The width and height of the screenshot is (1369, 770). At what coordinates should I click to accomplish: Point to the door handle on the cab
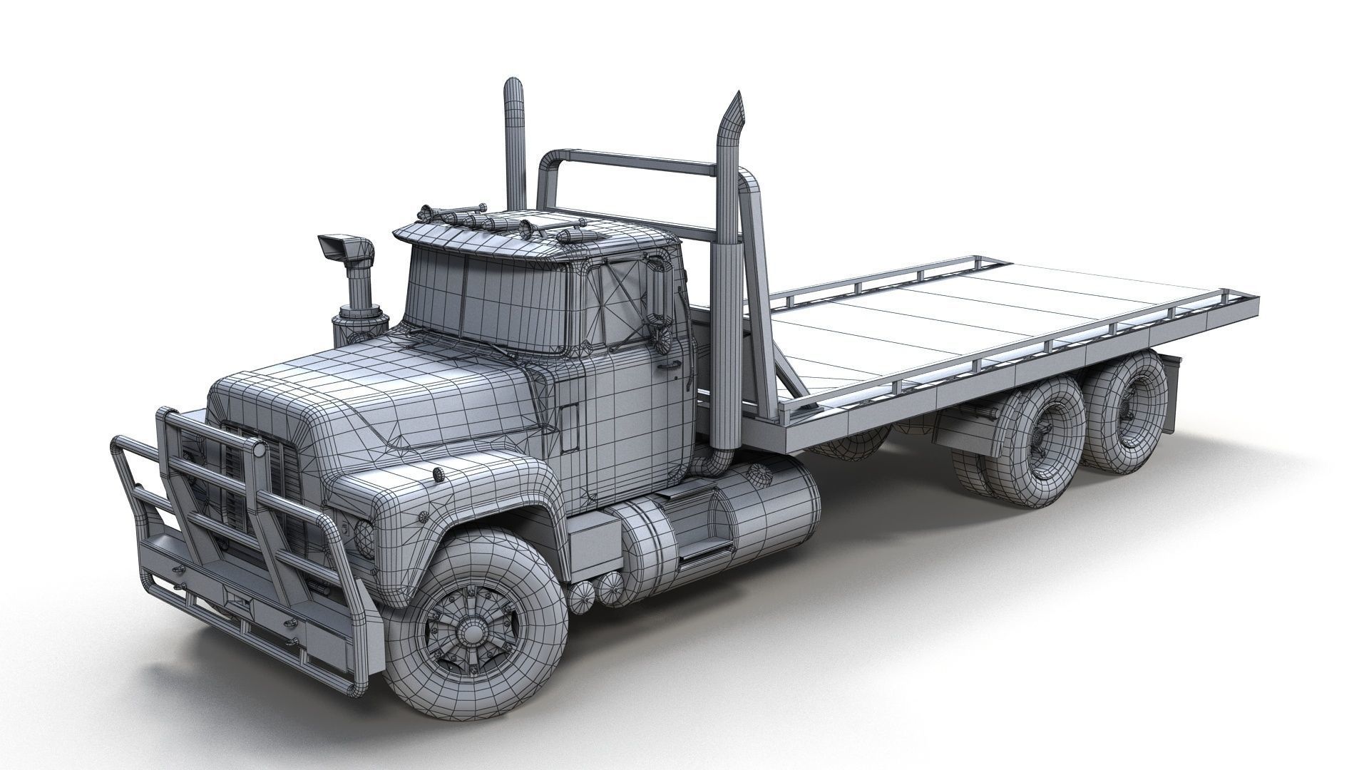tap(666, 366)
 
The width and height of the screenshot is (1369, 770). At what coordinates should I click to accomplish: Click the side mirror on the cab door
tap(660, 292)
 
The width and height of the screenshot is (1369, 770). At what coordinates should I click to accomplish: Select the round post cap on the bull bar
tap(261, 451)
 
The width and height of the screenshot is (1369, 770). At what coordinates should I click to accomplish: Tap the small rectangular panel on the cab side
tap(568, 428)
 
